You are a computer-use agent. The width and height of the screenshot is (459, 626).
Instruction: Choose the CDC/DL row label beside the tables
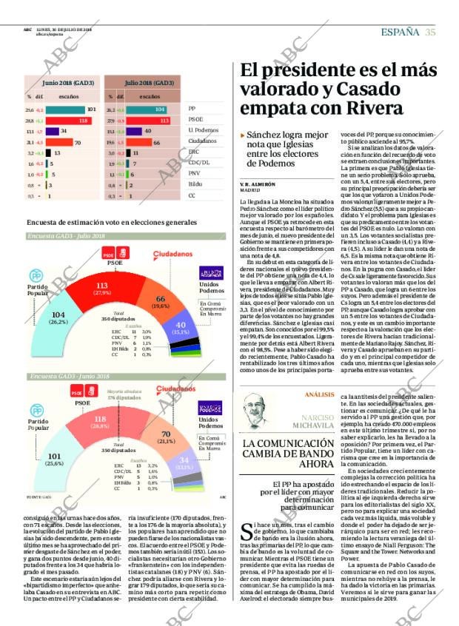pyautogui.click(x=197, y=163)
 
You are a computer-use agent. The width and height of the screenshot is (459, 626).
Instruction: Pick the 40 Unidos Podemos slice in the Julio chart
pyautogui.click(x=181, y=323)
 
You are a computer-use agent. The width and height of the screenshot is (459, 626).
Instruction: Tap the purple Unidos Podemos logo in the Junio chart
pyautogui.click(x=211, y=408)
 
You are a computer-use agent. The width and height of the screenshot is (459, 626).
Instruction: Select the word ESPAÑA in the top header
pyautogui.click(x=400, y=31)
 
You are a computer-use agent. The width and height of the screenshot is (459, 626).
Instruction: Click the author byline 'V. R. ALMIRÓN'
pyautogui.click(x=258, y=183)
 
